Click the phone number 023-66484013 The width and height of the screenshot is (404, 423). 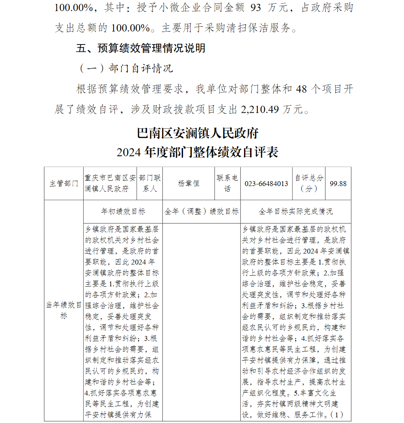266,184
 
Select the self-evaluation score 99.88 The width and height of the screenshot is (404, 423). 338,184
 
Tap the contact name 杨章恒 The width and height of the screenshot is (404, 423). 189,184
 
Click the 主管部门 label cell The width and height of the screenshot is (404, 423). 64,184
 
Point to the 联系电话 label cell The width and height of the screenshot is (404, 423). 227,183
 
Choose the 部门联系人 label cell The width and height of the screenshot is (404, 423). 150,183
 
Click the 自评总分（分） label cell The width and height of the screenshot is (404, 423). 309,183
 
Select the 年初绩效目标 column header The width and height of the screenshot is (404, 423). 123,211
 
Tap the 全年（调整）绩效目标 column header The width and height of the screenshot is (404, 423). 202,211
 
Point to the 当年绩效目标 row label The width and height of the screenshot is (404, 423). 64,310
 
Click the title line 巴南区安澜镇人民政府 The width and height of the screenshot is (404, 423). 198,133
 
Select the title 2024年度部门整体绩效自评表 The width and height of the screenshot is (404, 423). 198,152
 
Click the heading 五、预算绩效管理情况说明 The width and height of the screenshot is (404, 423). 141,48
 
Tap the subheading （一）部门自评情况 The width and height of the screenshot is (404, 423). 126,68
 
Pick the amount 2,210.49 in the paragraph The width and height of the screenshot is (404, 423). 260,109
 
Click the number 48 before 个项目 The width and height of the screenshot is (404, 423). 301,89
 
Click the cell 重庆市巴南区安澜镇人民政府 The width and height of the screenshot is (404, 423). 110,183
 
